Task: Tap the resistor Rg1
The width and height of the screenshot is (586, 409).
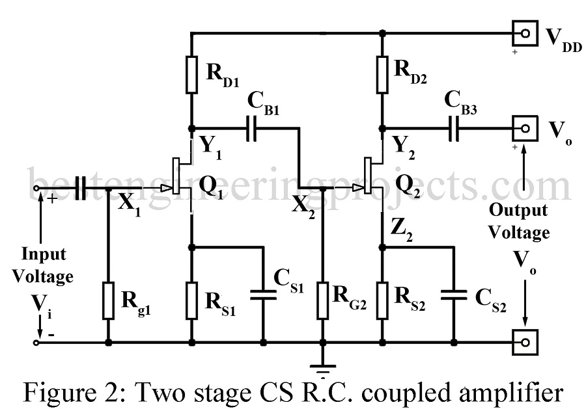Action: click(108, 300)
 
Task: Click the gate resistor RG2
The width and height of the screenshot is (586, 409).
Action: click(324, 300)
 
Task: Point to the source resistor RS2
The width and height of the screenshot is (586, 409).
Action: click(382, 300)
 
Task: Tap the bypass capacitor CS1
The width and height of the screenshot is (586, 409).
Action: click(264, 295)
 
